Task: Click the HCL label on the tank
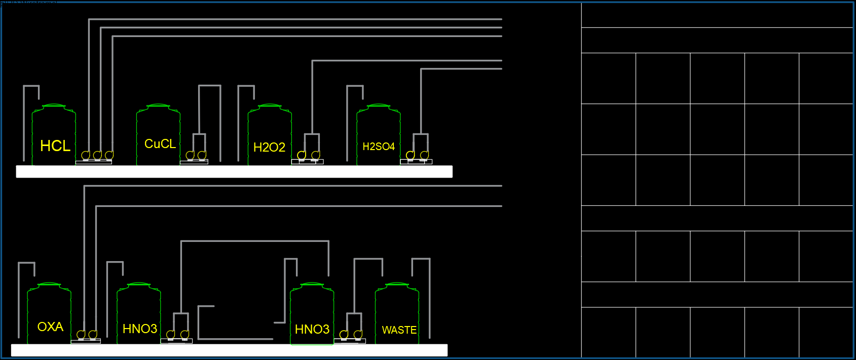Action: pyautogui.click(x=55, y=146)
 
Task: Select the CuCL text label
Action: pyautogui.click(x=160, y=143)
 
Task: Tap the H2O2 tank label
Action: pyautogui.click(x=269, y=147)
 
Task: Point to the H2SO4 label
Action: pyautogui.click(x=379, y=147)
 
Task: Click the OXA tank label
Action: pyautogui.click(x=51, y=327)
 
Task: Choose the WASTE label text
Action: pyautogui.click(x=399, y=330)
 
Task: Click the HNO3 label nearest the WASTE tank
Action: pyautogui.click(x=312, y=329)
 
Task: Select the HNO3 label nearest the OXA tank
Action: pyautogui.click(x=140, y=329)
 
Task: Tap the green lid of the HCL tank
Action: pyautogui.click(x=54, y=105)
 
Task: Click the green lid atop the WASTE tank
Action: pyautogui.click(x=397, y=284)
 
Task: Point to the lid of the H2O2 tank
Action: pyautogui.click(x=270, y=105)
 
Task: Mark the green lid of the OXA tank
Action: pyautogui.click(x=49, y=284)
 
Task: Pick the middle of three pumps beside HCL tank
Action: pyautogui.click(x=97, y=155)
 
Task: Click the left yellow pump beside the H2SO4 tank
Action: pyautogui.click(x=411, y=155)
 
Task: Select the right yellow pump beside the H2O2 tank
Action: pyautogui.click(x=316, y=155)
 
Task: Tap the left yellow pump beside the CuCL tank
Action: pyautogui.click(x=190, y=155)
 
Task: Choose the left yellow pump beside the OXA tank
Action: pyautogui.click(x=81, y=335)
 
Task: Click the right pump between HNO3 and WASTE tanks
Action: pyautogui.click(x=358, y=335)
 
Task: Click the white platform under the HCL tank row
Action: pyautogui.click(x=234, y=171)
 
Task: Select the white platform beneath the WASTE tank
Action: pyautogui.click(x=229, y=350)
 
